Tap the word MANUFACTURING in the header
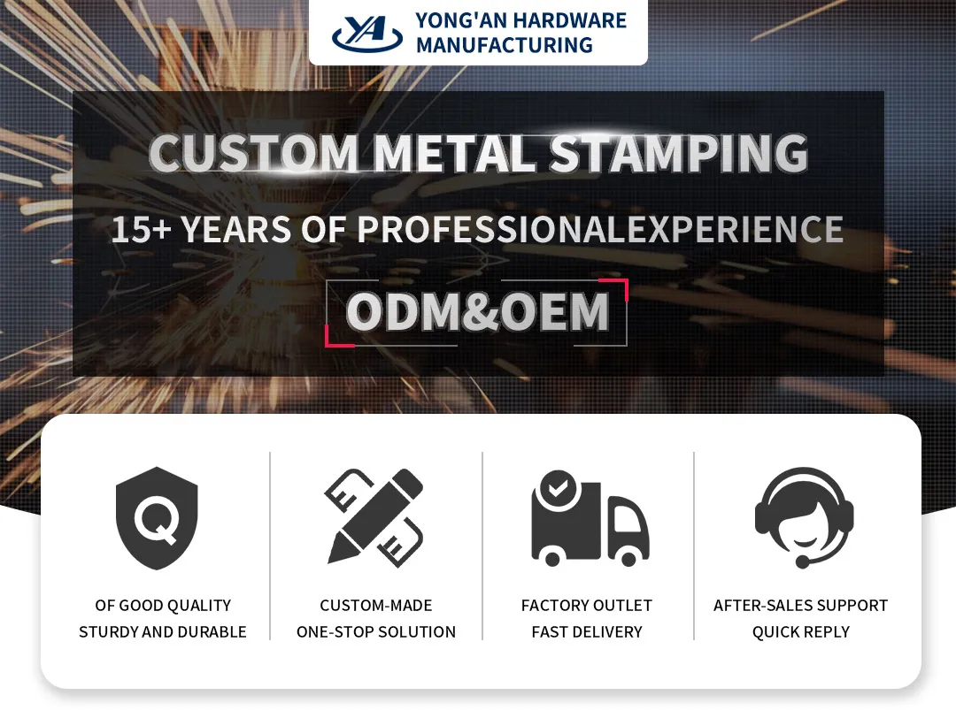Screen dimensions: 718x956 pyautogui.click(x=504, y=44)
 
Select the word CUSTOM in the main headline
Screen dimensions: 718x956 pyautogui.click(x=253, y=153)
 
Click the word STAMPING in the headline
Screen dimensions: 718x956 pyautogui.click(x=679, y=153)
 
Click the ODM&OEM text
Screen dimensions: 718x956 pyautogui.click(x=477, y=312)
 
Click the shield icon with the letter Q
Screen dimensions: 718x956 pyautogui.click(x=157, y=519)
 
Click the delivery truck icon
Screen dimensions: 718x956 pyautogui.click(x=588, y=519)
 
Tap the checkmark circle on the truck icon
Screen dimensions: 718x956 pyautogui.click(x=557, y=487)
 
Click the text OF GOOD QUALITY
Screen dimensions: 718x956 pyautogui.click(x=163, y=606)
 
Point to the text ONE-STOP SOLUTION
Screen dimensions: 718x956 pyautogui.click(x=376, y=632)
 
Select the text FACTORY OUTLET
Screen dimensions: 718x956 pyautogui.click(x=587, y=606)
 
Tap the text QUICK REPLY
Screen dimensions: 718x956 pyautogui.click(x=801, y=632)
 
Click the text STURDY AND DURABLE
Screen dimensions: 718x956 pyautogui.click(x=163, y=632)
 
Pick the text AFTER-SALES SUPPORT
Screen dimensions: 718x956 pyautogui.click(x=801, y=606)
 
